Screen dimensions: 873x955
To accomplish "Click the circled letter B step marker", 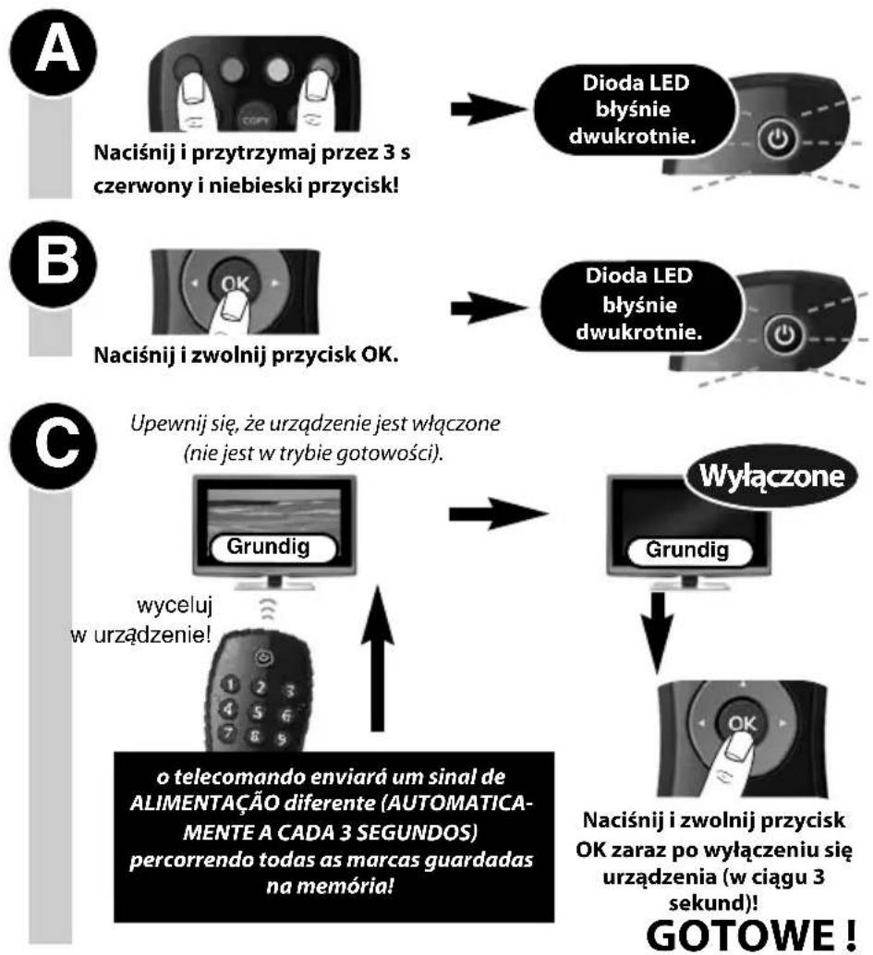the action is [53, 263].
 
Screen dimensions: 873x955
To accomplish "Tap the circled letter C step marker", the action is [53, 444].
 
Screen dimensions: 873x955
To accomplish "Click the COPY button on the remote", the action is [255, 119].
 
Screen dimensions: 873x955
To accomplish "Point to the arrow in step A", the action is [489, 110].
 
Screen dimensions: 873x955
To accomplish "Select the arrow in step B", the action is [489, 308].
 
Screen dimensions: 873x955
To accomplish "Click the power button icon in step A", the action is [777, 139].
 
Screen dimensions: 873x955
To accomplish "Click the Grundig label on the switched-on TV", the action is [268, 547].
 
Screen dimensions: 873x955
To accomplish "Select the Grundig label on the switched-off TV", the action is [687, 550].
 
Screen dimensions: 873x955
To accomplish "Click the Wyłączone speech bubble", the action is [772, 476].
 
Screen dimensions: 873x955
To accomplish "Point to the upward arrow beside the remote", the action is [378, 659].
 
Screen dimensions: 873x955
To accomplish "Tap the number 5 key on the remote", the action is [259, 711].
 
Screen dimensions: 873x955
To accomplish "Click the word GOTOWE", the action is [741, 935].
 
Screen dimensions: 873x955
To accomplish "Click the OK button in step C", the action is [742, 723].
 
